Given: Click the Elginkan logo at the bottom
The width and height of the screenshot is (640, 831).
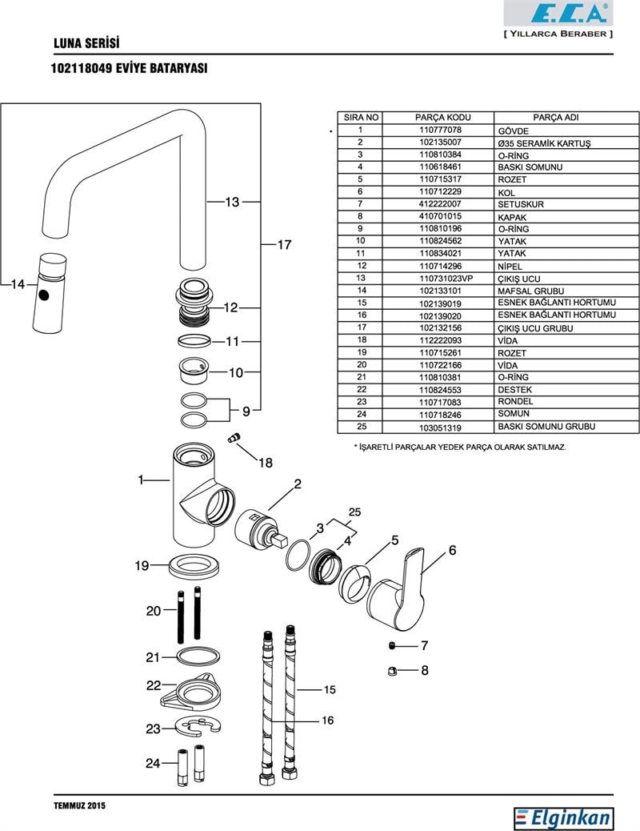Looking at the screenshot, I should (565, 817).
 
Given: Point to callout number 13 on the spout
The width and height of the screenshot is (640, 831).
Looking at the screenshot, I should (232, 203).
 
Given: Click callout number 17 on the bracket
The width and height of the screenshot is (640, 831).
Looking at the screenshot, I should (284, 246).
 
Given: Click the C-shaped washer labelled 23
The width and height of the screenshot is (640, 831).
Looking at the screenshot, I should (196, 728).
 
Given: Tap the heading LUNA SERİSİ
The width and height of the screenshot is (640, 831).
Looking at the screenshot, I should (86, 42).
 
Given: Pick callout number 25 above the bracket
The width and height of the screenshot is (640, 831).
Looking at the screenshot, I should (354, 512).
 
